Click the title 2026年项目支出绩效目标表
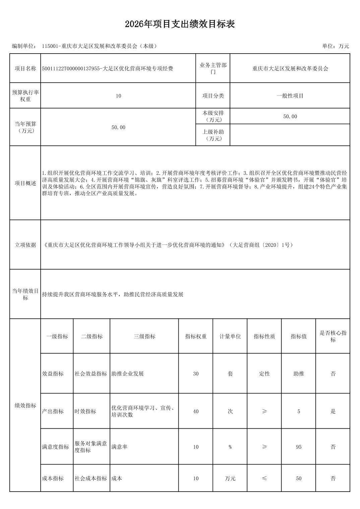tap(180, 24)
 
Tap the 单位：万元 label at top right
tap(336, 46)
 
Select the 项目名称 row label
tap(25, 69)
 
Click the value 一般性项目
tap(290, 96)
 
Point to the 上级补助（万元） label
tap(213, 135)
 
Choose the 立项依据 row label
tap(25, 245)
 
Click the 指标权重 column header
tap(196, 336)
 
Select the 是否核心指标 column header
tap(333, 336)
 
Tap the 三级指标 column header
tap(144, 336)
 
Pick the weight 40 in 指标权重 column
tap(196, 411)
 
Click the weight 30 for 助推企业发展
tap(196, 374)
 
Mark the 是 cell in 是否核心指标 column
tap(333, 411)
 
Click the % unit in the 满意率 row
tap(230, 447)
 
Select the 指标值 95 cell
tap(299, 447)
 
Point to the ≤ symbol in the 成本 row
tap(264, 479)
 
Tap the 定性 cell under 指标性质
tap(264, 374)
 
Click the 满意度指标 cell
tap(56, 447)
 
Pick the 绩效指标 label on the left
tap(25, 406)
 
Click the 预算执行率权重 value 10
tap(118, 96)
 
